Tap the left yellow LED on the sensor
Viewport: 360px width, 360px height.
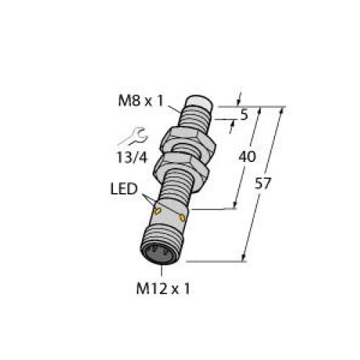157,211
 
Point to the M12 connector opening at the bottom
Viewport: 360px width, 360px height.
161,255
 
